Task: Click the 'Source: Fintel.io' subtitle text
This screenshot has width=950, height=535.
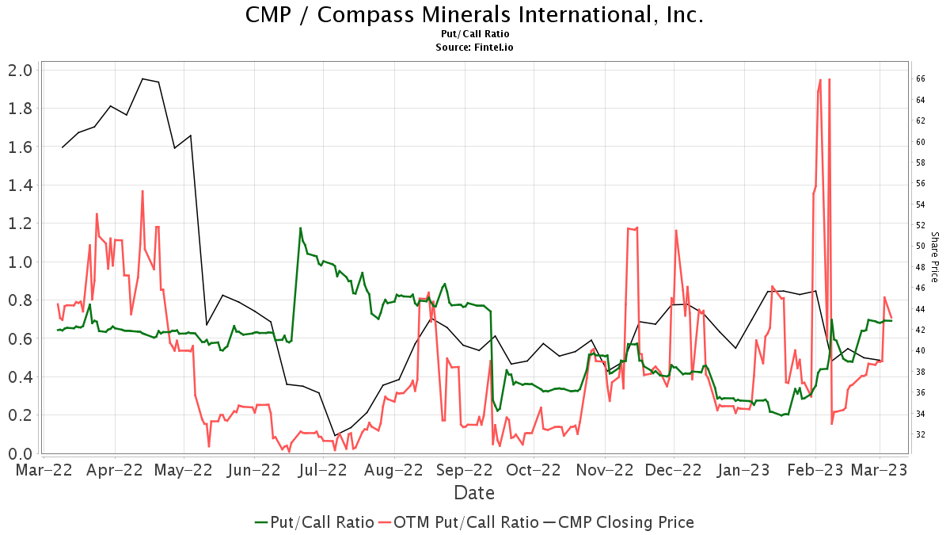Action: tap(475, 48)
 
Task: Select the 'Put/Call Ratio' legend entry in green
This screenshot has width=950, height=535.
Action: tap(314, 522)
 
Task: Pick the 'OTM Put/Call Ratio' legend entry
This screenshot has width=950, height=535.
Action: tap(458, 522)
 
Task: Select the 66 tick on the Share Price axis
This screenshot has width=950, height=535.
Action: tap(921, 78)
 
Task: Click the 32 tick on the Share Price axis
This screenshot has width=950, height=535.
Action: tap(921, 434)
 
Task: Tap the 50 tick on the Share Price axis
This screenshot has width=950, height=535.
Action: tap(921, 246)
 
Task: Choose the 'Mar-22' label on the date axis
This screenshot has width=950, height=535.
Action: tap(45, 470)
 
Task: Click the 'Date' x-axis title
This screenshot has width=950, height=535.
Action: tap(474, 493)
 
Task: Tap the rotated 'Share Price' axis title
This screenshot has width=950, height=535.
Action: tap(934, 257)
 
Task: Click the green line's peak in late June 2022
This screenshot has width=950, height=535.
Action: tap(300, 228)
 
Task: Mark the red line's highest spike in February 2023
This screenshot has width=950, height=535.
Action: tap(820, 79)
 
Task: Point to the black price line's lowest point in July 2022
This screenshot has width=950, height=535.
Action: tap(335, 435)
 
